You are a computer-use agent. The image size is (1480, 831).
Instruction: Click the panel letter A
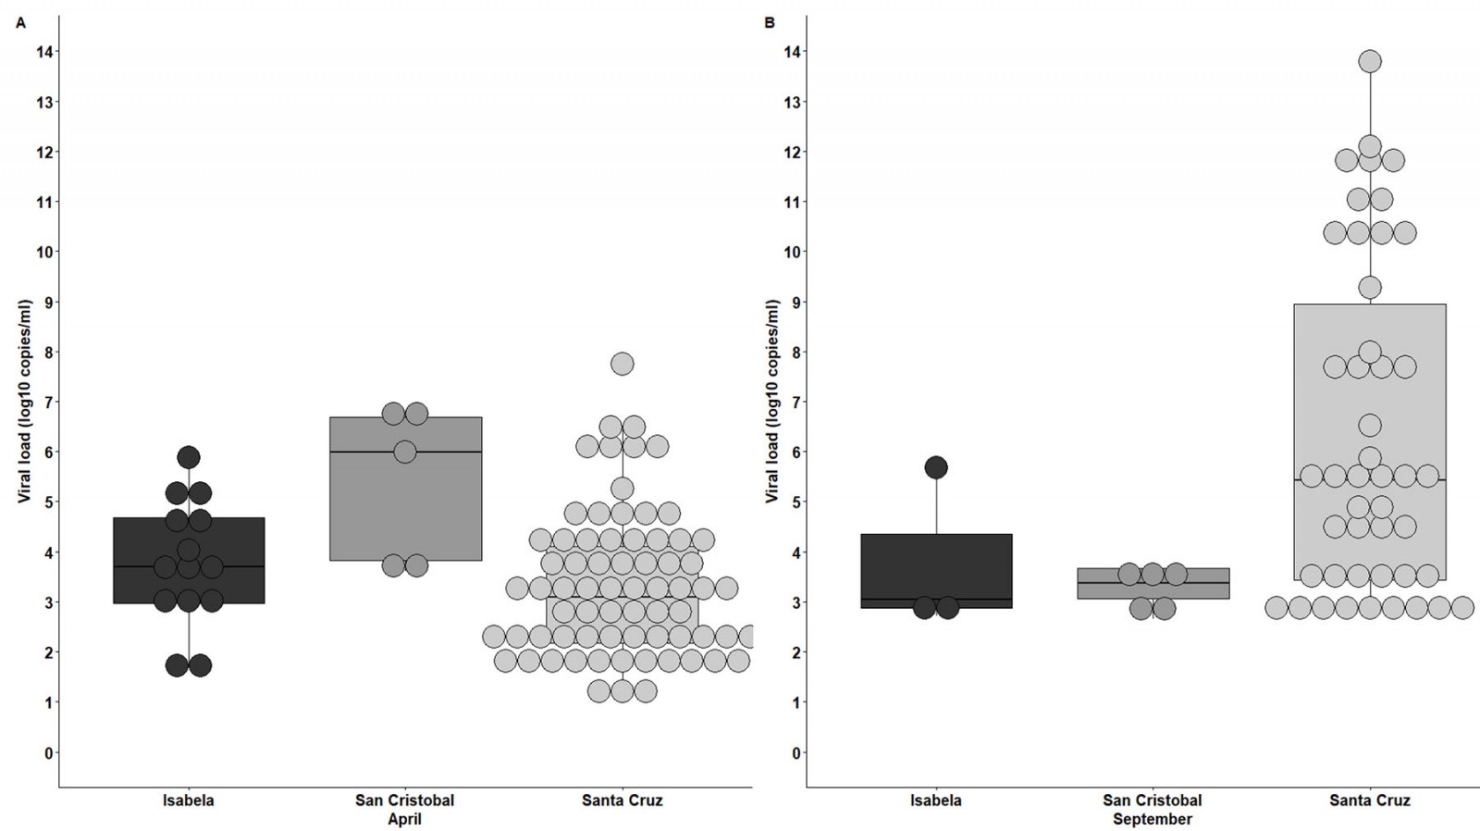(20, 23)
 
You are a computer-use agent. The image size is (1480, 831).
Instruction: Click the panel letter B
(770, 23)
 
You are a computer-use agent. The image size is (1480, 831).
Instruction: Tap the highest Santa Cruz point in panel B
(1369, 62)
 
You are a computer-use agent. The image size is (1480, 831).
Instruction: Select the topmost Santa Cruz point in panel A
(622, 364)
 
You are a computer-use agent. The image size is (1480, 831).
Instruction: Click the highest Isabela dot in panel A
(189, 456)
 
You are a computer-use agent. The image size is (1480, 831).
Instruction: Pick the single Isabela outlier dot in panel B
(936, 467)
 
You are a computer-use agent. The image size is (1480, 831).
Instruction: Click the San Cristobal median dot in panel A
(405, 452)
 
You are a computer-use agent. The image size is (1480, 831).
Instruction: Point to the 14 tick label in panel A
(44, 52)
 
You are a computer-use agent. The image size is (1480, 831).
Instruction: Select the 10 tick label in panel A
(44, 252)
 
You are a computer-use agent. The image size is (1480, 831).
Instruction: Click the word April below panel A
(404, 820)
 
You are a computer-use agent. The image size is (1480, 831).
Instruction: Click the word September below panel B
(1152, 820)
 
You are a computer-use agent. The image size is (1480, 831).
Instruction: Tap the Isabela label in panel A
(188, 800)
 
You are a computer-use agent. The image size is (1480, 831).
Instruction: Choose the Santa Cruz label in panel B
(1369, 800)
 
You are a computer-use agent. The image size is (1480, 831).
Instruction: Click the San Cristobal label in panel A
(404, 800)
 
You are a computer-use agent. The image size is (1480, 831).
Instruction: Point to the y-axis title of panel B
(772, 402)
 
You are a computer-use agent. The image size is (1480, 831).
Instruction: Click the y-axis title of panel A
(25, 402)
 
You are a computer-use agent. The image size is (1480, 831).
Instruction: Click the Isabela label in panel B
(935, 800)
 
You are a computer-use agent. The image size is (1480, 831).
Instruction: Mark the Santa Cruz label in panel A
(622, 800)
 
